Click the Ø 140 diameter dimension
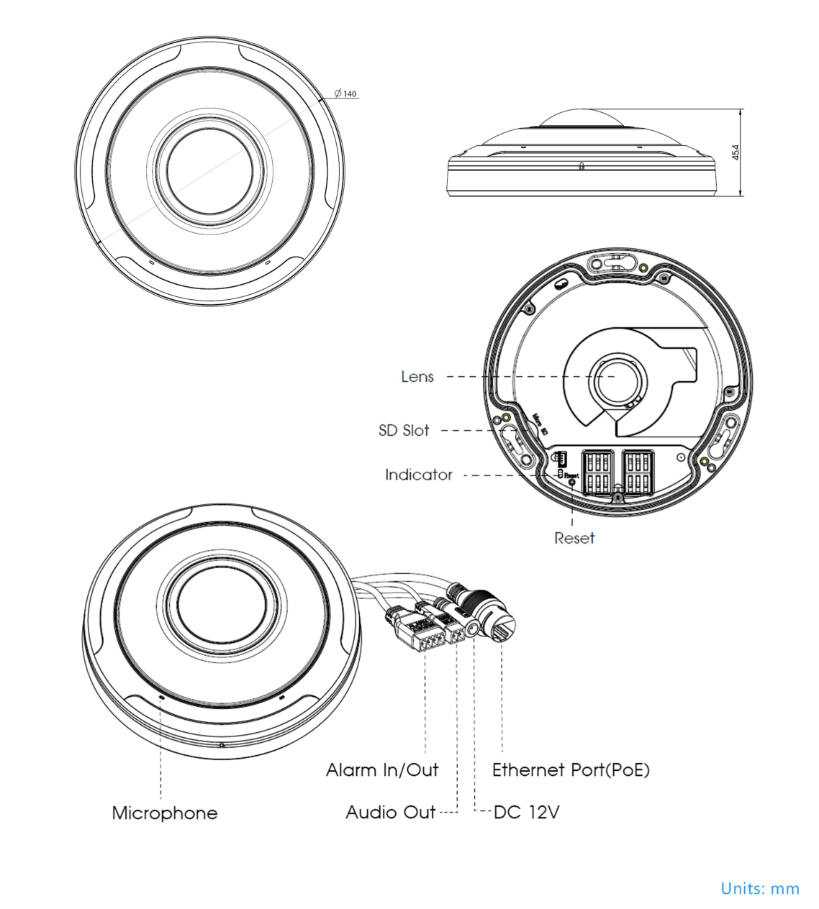point(345,94)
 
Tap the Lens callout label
point(417,377)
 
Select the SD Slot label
point(404,431)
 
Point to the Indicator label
point(418,475)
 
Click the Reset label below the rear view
point(574,538)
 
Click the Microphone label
point(165,813)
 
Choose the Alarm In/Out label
point(382,771)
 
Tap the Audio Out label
point(391,813)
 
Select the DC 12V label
point(527,813)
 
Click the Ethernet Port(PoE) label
point(571,771)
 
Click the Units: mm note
point(760,889)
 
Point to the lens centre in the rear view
point(614,376)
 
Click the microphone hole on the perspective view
point(160,696)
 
